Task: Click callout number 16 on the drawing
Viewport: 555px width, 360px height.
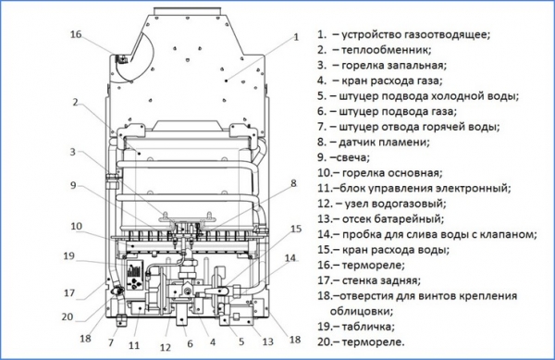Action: pos(76,34)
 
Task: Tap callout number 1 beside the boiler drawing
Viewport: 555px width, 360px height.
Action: pos(296,37)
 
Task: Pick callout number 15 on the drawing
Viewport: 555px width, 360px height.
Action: pos(295,228)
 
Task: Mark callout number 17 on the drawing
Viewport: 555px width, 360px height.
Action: pos(68,293)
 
